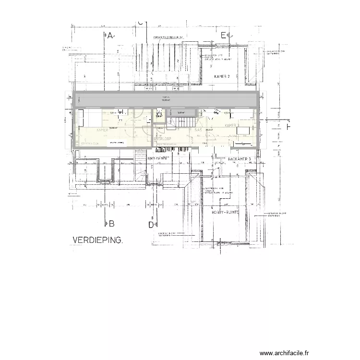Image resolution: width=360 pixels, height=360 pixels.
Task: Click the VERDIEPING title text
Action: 97,240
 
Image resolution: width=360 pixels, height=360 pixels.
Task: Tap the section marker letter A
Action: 110,36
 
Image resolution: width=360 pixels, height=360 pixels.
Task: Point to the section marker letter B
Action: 111,223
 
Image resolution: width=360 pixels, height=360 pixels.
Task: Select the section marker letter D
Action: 150,224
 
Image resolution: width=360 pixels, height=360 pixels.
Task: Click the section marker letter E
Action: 223,35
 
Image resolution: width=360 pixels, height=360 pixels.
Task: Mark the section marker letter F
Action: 288,127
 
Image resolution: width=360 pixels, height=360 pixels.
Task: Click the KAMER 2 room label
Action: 222,76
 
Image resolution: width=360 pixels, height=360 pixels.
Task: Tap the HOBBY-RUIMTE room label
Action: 226,211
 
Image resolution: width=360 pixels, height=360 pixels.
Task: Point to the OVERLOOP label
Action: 163,139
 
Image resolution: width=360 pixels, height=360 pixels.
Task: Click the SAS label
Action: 198,130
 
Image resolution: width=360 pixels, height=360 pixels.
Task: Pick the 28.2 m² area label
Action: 209,130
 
